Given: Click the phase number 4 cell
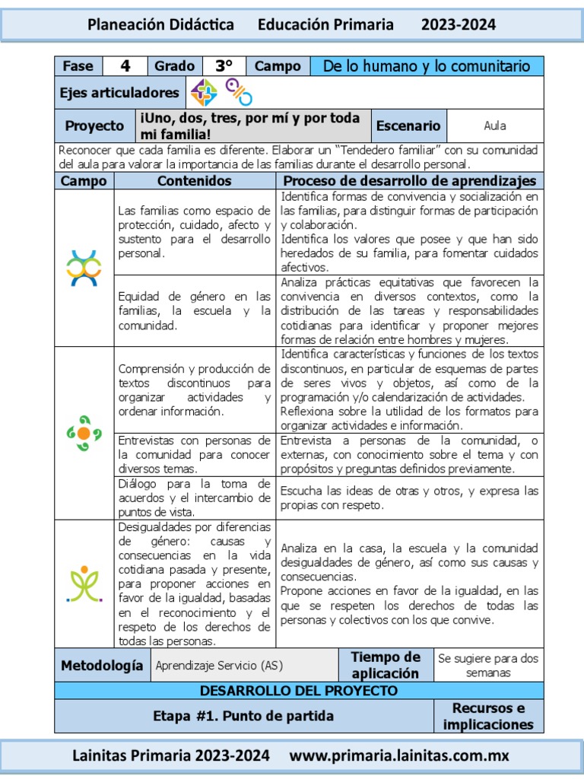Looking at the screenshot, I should point(125,66).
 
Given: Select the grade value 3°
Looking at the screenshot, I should point(224,66).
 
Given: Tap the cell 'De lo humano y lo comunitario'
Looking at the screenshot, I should point(427,66).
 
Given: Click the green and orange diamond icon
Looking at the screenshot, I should point(204,92).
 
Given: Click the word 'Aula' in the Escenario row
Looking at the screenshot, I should point(495,126).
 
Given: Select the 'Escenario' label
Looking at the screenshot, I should point(408,126).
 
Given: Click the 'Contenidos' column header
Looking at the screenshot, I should point(195,181).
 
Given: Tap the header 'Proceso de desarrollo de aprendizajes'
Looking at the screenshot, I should point(409,181).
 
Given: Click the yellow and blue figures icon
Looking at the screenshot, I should point(84,268).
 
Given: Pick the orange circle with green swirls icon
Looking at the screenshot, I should point(84,433).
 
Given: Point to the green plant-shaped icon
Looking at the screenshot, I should point(84,583).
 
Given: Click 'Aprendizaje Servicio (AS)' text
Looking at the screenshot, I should point(219,666).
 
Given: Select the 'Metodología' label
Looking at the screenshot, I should point(102,666).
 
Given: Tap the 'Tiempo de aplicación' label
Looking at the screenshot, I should point(386,666).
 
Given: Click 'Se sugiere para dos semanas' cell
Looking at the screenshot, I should point(488,666).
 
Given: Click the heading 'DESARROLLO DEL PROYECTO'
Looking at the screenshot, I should point(299,691).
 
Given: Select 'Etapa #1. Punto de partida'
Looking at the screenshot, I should point(243,716).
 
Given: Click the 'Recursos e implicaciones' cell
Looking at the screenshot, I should point(488,717).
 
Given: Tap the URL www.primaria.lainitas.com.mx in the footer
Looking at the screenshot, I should point(400,756).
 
